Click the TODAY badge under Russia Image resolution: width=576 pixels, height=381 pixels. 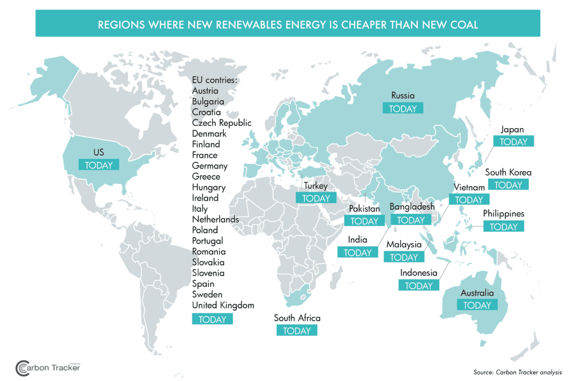[x=403, y=108]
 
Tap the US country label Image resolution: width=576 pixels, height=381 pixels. [x=98, y=152]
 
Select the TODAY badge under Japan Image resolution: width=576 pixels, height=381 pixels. [x=514, y=142]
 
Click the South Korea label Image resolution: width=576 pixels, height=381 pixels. [x=508, y=173]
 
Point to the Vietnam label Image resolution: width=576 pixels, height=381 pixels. [x=469, y=187]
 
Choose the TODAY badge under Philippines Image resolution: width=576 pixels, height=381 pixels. [x=503, y=227]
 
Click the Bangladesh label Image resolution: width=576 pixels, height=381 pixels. [x=412, y=207]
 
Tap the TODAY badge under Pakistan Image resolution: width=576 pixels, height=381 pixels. [x=364, y=221]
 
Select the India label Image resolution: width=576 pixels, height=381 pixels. [x=358, y=240]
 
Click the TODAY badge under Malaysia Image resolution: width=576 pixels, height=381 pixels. [x=403, y=257]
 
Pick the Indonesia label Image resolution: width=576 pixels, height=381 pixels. [x=418, y=273]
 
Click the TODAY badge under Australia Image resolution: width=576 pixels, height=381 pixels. [x=477, y=305]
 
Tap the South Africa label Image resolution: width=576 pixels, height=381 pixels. [x=297, y=318]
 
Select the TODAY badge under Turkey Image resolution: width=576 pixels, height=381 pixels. [x=316, y=198]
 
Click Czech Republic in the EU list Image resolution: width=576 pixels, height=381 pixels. [x=222, y=123]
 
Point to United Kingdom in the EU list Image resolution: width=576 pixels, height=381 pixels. [x=223, y=305]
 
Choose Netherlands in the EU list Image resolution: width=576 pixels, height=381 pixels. [x=215, y=219]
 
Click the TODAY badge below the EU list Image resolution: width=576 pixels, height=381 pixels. [x=212, y=319]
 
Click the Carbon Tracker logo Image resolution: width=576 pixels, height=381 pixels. [x=48, y=368]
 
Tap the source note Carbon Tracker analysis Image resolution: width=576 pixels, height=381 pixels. [x=517, y=372]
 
